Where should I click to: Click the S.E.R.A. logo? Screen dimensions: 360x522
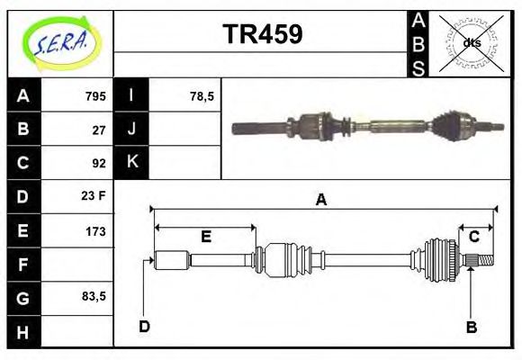point(60,43)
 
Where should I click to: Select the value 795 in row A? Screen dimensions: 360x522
point(95,96)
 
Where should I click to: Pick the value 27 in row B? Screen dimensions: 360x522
point(99,130)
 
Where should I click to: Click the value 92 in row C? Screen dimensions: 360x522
point(99,163)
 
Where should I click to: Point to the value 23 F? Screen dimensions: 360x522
point(94,196)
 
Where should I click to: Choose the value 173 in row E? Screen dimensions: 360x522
point(95,230)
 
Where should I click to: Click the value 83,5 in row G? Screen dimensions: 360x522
point(93,296)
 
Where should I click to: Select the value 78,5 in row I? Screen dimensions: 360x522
point(202,96)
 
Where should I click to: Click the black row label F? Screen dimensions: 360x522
point(23,264)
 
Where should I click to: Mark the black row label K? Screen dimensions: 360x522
point(132,163)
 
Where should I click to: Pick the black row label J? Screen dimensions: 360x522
point(132,130)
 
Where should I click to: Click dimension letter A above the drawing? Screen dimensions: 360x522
point(320,201)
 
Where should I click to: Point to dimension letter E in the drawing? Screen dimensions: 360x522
point(205,237)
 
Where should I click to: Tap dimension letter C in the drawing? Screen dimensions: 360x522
point(472,237)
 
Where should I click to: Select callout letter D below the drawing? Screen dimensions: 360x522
point(145,326)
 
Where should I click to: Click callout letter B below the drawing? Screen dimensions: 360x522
point(471,327)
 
